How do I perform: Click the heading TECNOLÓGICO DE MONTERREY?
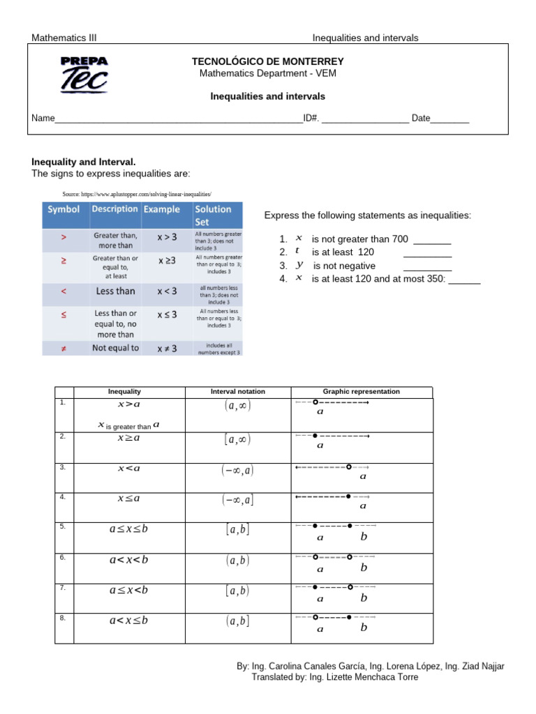(267, 62)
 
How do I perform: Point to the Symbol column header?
(64, 209)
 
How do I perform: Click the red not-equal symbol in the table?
(64, 348)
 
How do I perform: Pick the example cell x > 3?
(167, 237)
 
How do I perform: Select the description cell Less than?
(115, 291)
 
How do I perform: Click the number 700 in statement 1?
(399, 239)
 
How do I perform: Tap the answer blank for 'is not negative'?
(427, 266)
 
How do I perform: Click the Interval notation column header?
(238, 392)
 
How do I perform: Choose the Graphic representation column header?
(362, 392)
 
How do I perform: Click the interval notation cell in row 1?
(238, 407)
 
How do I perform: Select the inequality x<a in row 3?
(129, 469)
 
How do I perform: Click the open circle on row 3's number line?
(349, 467)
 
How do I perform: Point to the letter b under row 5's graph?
(363, 537)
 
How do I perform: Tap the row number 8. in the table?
(63, 617)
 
